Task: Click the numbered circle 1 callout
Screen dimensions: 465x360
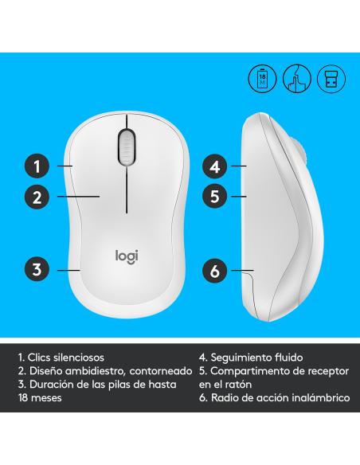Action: click(x=35, y=166)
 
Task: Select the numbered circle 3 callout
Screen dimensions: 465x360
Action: click(x=35, y=268)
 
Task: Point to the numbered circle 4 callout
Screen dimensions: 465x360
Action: click(x=213, y=166)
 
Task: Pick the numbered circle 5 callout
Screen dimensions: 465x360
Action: click(x=213, y=193)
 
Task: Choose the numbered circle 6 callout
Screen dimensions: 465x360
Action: click(x=213, y=271)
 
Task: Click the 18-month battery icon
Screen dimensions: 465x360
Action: click(x=264, y=79)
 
